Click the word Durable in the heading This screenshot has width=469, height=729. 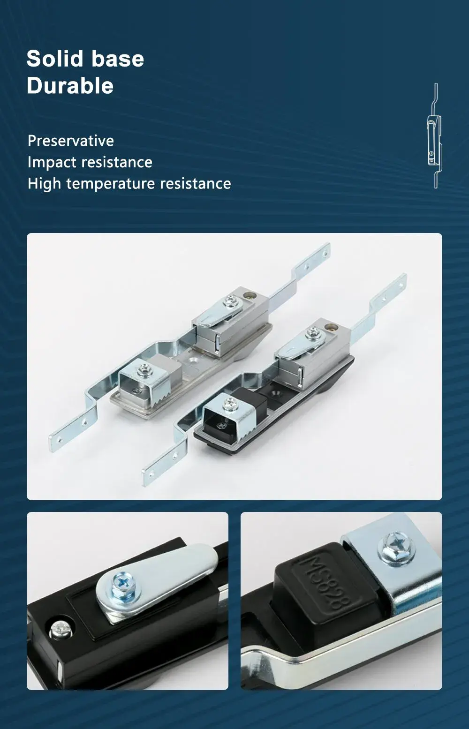pyautogui.click(x=70, y=86)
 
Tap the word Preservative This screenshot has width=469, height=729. pyautogui.click(x=71, y=141)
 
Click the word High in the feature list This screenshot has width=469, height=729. pyautogui.click(x=45, y=183)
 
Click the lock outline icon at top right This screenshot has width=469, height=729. pyautogui.click(x=435, y=136)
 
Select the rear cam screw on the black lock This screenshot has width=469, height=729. pyautogui.click(x=312, y=334)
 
